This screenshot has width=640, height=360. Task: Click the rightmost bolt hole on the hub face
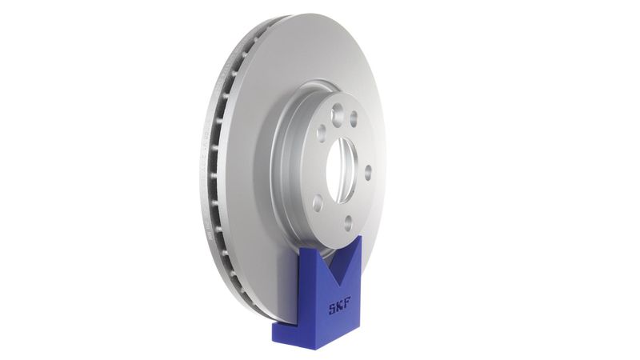[367, 172]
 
